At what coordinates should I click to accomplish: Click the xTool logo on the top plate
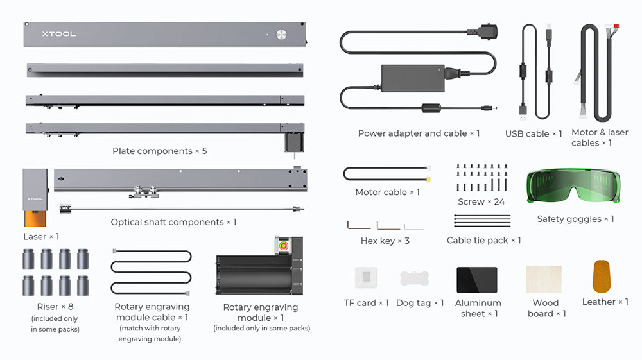[59, 34]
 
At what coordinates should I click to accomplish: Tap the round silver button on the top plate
[281, 35]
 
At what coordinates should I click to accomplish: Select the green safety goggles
[575, 187]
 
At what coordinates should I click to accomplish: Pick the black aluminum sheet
[477, 280]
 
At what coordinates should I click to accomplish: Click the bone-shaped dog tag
[415, 279]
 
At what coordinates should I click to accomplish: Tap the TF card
[366, 277]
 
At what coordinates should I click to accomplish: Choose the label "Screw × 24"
[481, 201]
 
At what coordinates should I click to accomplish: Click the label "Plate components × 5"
[159, 151]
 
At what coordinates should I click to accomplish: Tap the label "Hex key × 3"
[385, 241]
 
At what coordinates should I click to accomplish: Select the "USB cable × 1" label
[534, 134]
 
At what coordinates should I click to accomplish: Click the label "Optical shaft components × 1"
[173, 222]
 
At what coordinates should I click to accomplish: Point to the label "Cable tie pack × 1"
[483, 241]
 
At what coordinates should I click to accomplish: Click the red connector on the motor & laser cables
[616, 28]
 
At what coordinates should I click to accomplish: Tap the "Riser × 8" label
[54, 307]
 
